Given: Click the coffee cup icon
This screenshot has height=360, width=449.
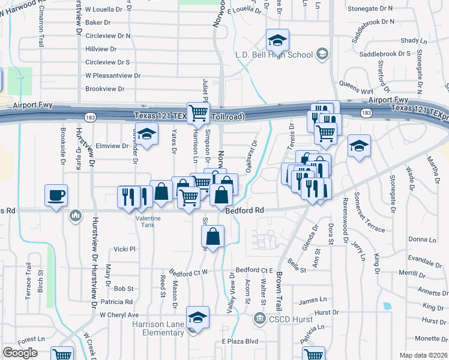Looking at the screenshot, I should pyautogui.click(x=56, y=195).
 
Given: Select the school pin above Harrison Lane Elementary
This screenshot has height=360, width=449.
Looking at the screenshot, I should pyautogui.click(x=197, y=317).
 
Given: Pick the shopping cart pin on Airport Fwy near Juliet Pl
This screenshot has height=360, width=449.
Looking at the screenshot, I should pyautogui.click(x=198, y=112).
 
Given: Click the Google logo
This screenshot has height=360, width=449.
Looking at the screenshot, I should pyautogui.click(x=20, y=353).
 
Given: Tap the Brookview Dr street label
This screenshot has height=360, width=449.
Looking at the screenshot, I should pyautogui.click(x=104, y=89).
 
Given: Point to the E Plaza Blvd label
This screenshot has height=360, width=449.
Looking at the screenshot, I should pyautogui.click(x=240, y=341).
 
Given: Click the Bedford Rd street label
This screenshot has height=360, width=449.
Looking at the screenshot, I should pyautogui.click(x=245, y=211).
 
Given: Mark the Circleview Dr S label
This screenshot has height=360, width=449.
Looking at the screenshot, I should pyautogui.click(x=107, y=62).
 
